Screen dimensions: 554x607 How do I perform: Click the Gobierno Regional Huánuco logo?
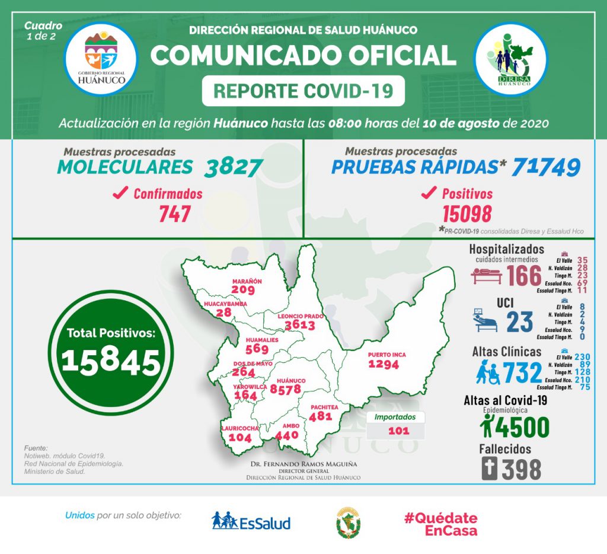pos(101,59)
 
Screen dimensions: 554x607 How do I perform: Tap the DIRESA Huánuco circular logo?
pos(511,59)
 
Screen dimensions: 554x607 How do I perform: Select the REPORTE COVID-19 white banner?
pos(303,91)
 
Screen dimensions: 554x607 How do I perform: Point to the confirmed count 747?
pos(174,214)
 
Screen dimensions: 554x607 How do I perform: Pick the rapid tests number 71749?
pos(546,167)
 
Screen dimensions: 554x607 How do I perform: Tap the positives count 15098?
pos(467,214)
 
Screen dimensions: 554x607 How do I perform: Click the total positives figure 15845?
pos(111,359)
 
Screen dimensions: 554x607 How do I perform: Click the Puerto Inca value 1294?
pos(384,364)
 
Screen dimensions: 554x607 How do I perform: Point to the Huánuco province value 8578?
pos(286,389)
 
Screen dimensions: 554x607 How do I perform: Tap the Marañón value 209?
pos(243,289)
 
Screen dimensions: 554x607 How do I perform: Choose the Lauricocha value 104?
pos(240,437)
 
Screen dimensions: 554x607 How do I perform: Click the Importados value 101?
pos(398,431)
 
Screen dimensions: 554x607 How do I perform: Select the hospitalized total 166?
pos(525,276)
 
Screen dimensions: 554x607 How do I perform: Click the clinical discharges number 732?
pos(522,372)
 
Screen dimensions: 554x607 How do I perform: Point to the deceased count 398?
pos(521,469)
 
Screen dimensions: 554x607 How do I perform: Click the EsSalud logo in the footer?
pos(251,522)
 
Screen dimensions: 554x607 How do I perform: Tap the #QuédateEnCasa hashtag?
pos(440,524)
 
